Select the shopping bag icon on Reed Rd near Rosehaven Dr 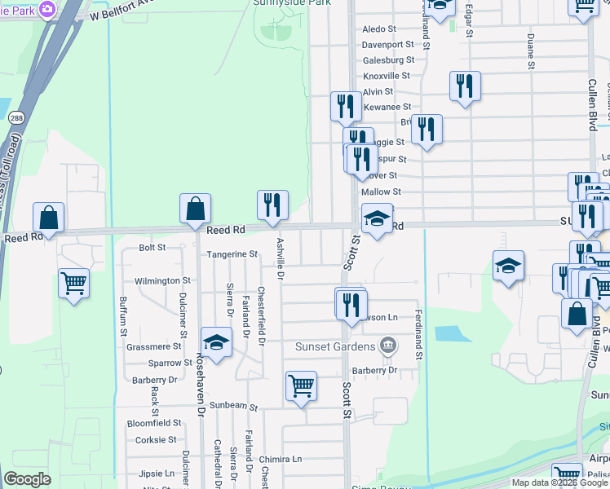coord(196,210)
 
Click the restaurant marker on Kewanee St coord(346,107)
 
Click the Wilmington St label coord(163,281)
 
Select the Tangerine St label coord(232,254)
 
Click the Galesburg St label coord(388,60)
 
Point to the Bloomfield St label coord(154,424)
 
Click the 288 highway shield coord(15,117)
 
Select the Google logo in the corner coord(27,479)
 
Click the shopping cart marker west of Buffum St coord(73,284)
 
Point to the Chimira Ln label coord(281,460)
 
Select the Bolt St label coord(152,247)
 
